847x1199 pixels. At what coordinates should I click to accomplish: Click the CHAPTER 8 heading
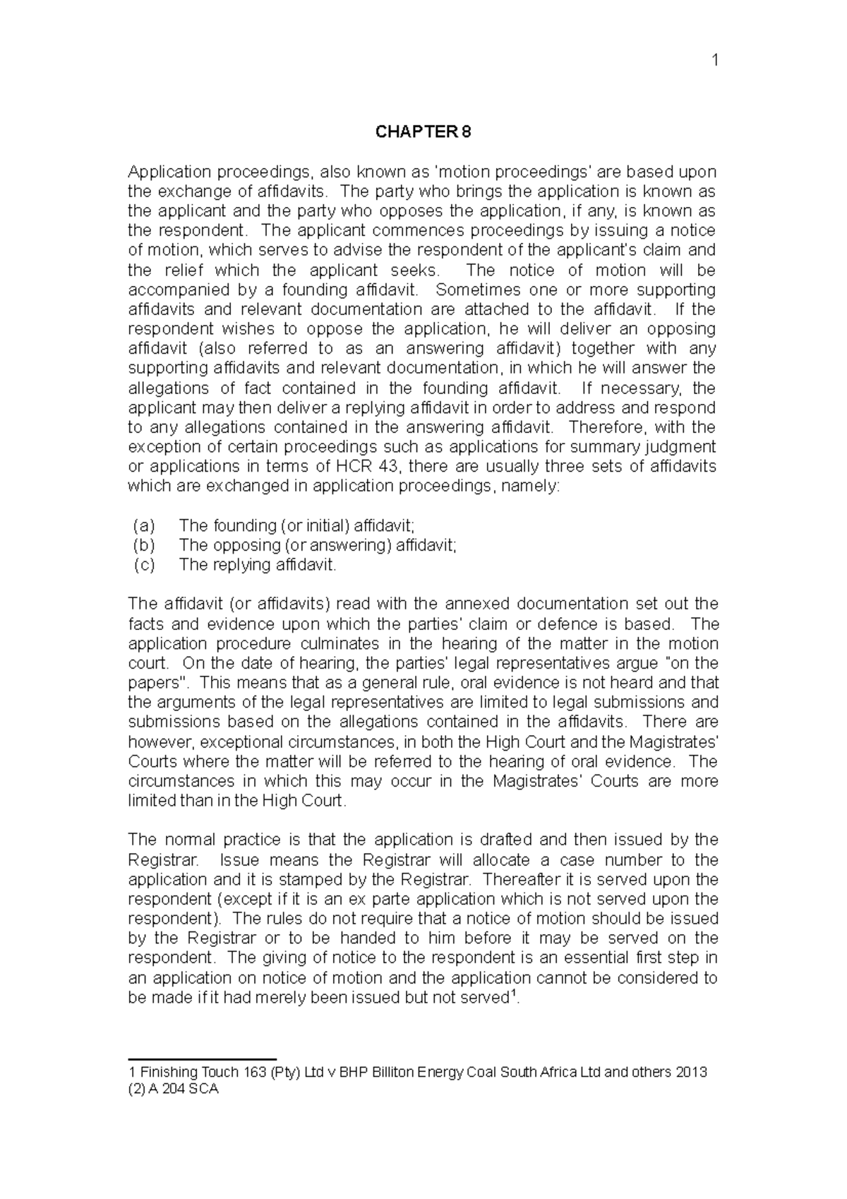coord(423,132)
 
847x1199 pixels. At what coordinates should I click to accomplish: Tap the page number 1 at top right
coord(714,61)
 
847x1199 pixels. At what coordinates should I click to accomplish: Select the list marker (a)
coord(143,525)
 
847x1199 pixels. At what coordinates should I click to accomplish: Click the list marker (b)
coord(143,545)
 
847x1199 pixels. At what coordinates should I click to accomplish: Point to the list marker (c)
coord(143,565)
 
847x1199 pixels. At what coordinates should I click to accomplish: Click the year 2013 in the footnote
coord(691,1073)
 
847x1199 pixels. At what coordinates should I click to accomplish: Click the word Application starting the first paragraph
coord(169,172)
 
